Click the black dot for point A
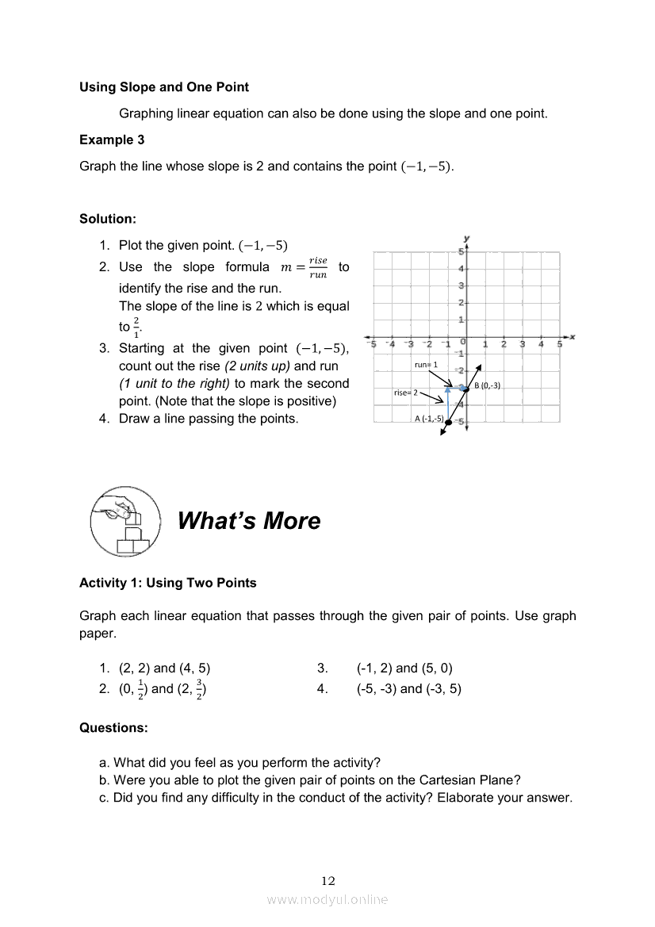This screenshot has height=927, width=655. point(448,423)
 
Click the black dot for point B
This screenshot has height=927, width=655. point(466,388)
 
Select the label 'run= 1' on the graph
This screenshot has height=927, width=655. point(426,365)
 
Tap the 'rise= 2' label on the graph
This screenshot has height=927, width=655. point(405,393)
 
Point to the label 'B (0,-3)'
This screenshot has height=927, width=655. point(488,385)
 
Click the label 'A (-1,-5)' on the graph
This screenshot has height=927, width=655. point(428,418)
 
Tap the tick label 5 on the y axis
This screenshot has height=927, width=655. point(461,251)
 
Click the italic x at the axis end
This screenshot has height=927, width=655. point(572,337)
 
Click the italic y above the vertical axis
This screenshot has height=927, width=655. point(467,238)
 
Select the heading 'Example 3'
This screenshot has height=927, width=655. point(112,140)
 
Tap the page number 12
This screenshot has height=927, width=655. point(328,881)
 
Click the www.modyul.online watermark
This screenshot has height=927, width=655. point(327,899)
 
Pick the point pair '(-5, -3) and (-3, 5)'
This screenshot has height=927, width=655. point(408,689)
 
